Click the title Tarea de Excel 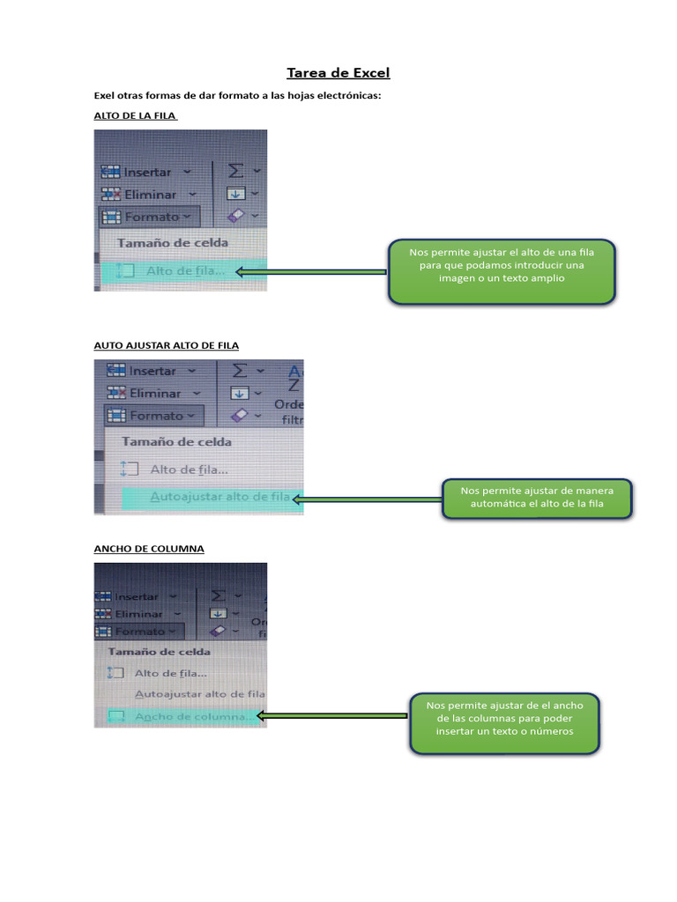click(338, 72)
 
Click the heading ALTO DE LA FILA click(136, 115)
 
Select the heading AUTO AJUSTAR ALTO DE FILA click(167, 345)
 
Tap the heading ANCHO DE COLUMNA click(149, 548)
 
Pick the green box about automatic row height click(536, 499)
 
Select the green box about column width click(504, 722)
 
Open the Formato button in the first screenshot click(151, 217)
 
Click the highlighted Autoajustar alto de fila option click(219, 497)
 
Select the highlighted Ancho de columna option click(191, 716)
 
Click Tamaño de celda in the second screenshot click(176, 441)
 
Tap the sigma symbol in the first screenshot click(235, 171)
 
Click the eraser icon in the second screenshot click(239, 415)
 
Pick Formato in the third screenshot click(140, 632)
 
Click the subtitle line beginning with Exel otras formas click(237, 95)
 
